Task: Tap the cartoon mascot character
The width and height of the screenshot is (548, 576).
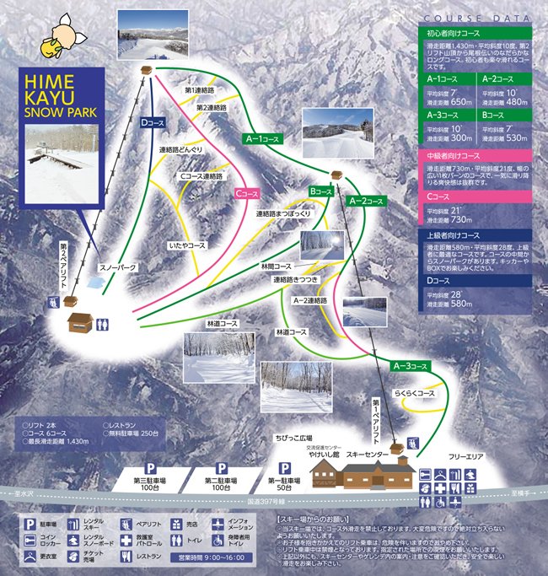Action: pos(64,34)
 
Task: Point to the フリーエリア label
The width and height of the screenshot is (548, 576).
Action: pos(465,456)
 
